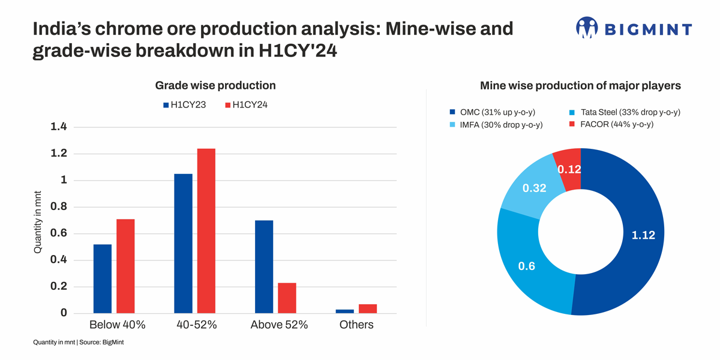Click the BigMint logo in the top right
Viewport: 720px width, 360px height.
[x=634, y=28]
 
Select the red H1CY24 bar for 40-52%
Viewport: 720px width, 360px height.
[x=206, y=231]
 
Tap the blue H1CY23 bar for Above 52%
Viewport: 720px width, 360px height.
[x=264, y=267]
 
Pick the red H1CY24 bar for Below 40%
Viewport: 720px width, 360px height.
[x=125, y=266]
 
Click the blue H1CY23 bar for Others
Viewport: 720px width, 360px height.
[x=344, y=311]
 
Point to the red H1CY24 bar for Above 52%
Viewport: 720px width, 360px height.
[x=287, y=298]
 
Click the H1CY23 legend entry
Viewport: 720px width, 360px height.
[x=184, y=105]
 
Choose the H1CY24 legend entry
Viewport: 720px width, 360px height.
[x=246, y=105]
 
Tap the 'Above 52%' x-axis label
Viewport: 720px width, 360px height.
[x=279, y=325]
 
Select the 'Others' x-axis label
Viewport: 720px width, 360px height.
[x=356, y=325]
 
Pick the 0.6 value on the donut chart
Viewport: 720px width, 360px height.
[x=526, y=266]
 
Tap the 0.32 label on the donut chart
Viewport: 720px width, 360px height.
[x=534, y=188]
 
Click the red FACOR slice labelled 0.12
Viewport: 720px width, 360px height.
[x=568, y=169]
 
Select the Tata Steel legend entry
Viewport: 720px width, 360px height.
[x=624, y=112]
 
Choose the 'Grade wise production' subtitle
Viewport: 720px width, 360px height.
[x=215, y=86]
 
